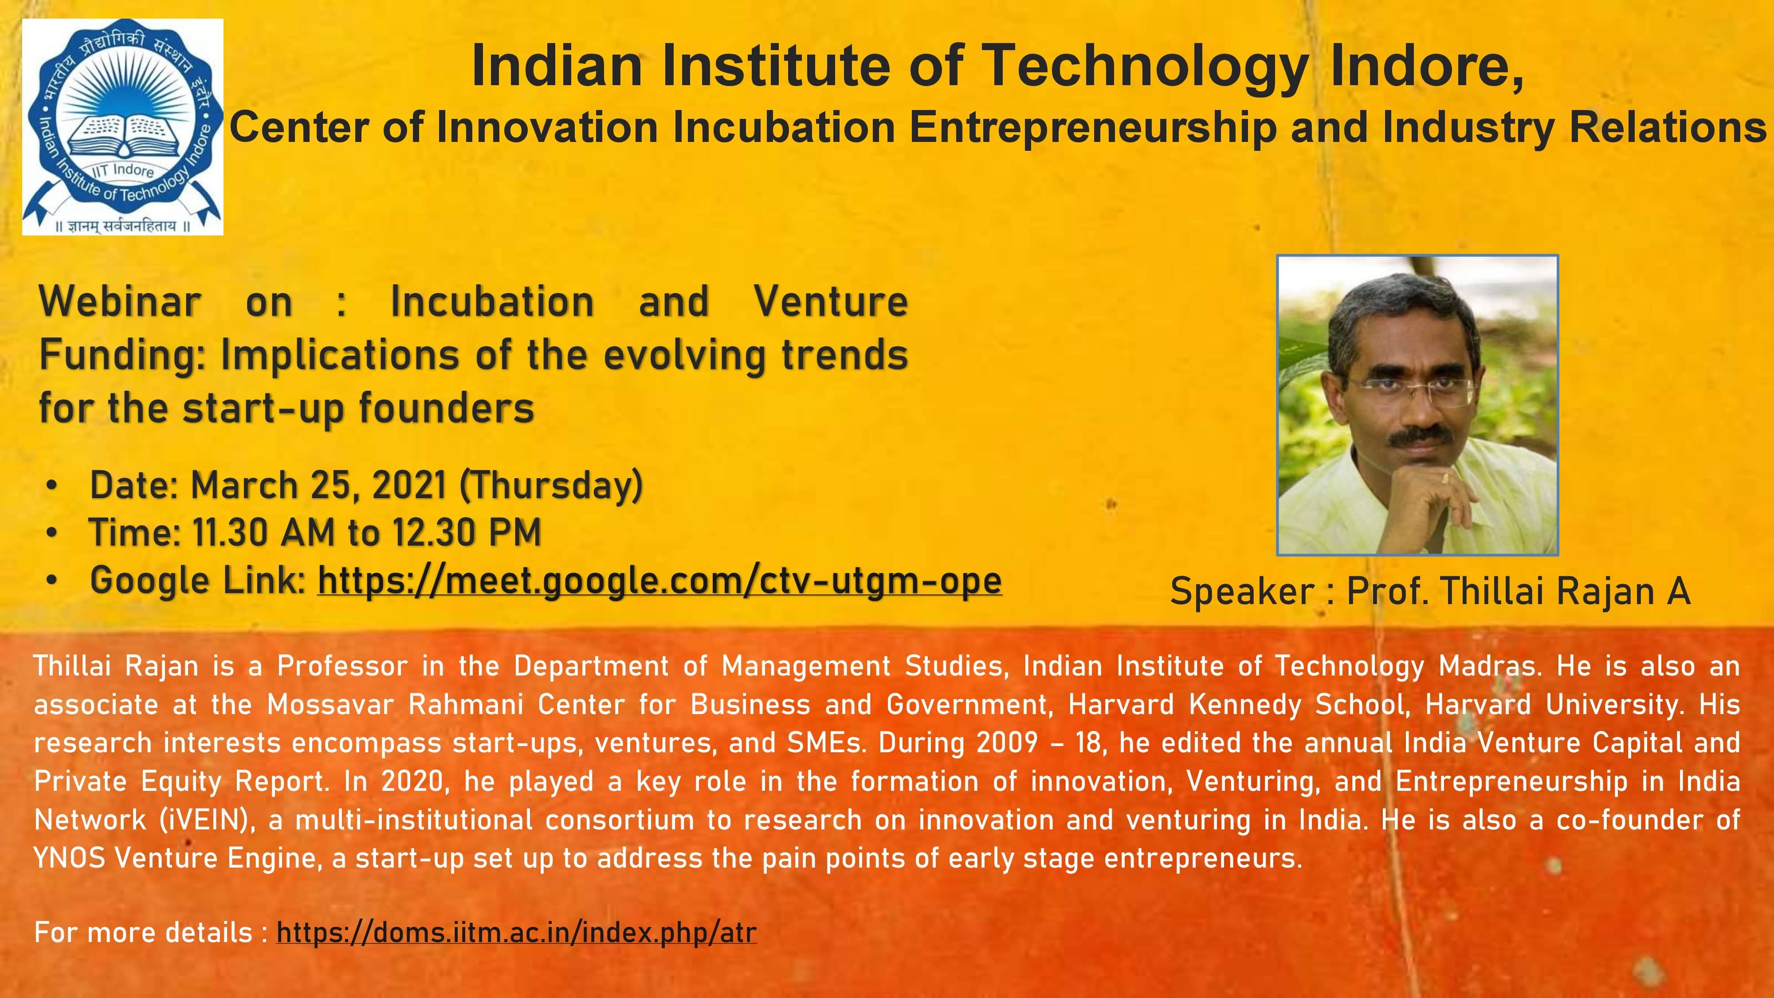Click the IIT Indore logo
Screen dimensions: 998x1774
tap(122, 127)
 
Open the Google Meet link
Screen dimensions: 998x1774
tap(659, 581)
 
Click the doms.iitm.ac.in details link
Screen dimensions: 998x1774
tap(517, 932)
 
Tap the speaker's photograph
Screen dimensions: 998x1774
tap(1417, 405)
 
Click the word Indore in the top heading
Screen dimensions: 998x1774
tap(1425, 66)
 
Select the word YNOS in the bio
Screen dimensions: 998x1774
tap(69, 858)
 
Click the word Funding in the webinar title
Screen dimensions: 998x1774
tap(121, 355)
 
